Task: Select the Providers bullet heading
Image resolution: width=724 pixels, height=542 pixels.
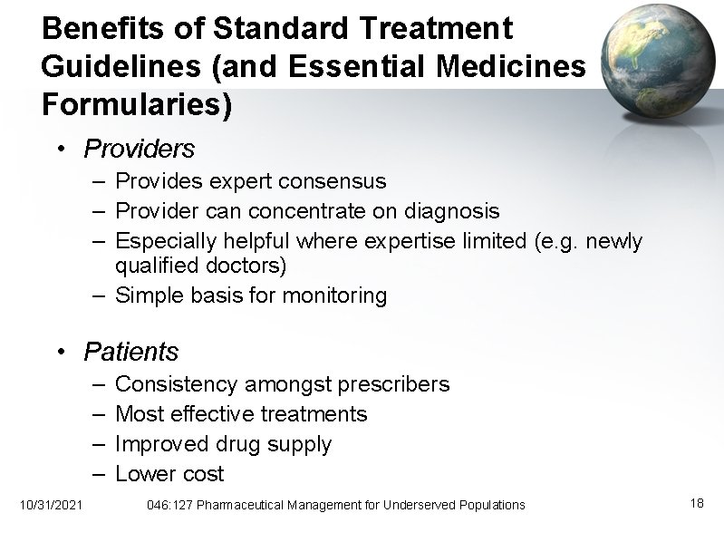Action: point(139,148)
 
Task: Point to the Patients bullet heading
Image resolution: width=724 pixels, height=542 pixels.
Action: point(131,351)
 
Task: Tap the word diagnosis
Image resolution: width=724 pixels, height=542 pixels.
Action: point(445,211)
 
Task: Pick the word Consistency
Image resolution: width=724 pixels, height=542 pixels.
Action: point(178,384)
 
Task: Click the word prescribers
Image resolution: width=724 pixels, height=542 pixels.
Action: point(393,384)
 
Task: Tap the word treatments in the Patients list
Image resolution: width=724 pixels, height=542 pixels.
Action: point(314,414)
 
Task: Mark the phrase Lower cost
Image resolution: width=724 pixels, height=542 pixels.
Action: point(169,474)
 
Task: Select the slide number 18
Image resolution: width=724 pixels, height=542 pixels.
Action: point(697,503)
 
